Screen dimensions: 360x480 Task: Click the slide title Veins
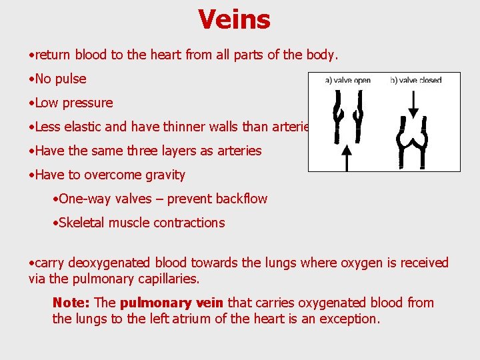(x=234, y=19)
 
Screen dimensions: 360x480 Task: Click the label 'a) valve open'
(x=347, y=81)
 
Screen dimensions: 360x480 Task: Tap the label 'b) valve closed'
(x=415, y=81)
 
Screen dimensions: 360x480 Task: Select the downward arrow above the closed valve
(x=413, y=102)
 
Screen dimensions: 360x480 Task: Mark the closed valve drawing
(x=413, y=139)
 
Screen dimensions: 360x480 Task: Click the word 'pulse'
(x=71, y=79)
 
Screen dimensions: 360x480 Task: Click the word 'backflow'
(x=239, y=199)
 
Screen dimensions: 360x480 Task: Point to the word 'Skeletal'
(x=83, y=223)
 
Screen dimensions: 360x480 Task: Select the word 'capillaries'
(x=166, y=279)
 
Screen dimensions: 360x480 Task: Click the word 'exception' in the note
(x=350, y=319)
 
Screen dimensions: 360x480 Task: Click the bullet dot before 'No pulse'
(x=31, y=79)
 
